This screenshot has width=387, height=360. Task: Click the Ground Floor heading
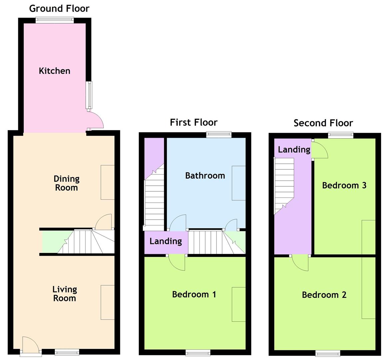click(59, 9)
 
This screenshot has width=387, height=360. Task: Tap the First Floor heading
click(193, 122)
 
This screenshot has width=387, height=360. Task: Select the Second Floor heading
click(323, 123)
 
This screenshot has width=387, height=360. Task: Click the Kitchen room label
click(55, 71)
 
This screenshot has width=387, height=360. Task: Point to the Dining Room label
click(66, 183)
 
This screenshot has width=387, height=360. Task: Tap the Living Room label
click(65, 294)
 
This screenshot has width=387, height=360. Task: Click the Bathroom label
click(205, 175)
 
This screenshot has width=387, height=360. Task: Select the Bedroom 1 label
click(194, 294)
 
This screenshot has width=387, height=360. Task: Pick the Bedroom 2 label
click(324, 295)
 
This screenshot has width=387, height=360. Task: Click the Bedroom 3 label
click(344, 185)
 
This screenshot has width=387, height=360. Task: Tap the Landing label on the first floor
click(166, 241)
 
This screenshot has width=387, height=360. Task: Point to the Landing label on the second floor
click(294, 150)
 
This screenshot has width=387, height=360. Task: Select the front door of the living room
click(30, 345)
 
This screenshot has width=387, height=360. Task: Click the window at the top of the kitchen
click(55, 20)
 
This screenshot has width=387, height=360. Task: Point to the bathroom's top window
click(218, 135)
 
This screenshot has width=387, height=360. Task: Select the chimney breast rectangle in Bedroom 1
click(239, 304)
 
